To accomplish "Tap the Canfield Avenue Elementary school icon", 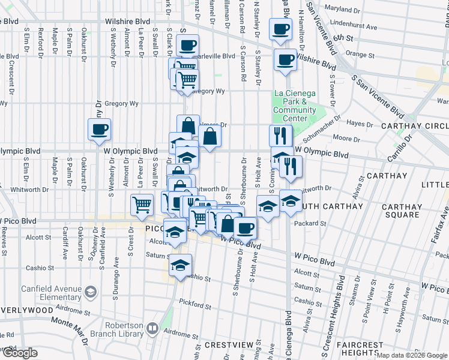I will point(90,292).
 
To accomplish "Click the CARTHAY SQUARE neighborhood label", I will point(402,211).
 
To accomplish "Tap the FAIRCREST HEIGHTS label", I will point(360,349).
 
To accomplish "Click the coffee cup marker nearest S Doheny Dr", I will point(99,128).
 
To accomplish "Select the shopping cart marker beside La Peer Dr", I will point(142,204).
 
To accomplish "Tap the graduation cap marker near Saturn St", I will point(180,264).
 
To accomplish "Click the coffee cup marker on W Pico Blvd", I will point(245,227).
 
